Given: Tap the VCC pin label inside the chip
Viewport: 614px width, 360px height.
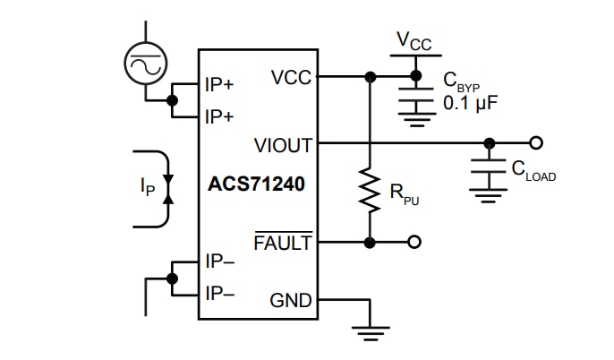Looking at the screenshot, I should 291,78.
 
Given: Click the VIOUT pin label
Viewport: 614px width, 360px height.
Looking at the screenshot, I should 283,144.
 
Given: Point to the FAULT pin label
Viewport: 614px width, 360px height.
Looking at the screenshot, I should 283,243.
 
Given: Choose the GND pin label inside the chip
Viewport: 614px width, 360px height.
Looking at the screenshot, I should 291,301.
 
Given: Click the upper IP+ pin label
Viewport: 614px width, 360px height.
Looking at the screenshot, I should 219,85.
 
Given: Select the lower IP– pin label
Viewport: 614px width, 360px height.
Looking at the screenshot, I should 219,293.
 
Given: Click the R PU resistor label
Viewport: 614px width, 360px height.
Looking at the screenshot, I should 399,194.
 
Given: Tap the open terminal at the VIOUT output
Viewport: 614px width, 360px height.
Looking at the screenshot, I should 536,142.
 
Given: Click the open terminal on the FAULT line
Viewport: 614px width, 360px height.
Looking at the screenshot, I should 414,242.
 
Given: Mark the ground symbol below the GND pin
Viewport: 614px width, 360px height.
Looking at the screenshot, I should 370,333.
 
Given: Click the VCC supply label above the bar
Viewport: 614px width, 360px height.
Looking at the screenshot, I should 414,40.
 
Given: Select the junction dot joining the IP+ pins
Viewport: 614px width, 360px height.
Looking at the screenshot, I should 173,100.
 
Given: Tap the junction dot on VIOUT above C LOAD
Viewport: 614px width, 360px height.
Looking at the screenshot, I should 489,142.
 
